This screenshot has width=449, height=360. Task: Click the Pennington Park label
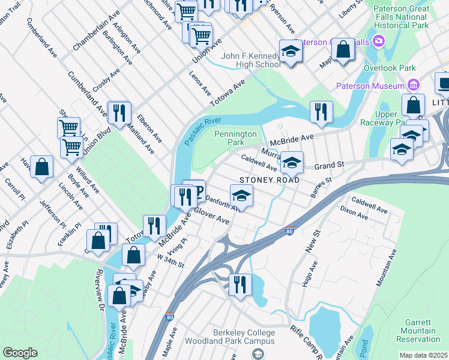(x=236, y=139)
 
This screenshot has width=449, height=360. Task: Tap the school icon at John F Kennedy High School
(x=291, y=52)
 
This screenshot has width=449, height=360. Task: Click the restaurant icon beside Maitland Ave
(x=119, y=112)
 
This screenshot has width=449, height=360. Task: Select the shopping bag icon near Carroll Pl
(x=41, y=168)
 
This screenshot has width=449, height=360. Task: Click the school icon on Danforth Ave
(x=241, y=196)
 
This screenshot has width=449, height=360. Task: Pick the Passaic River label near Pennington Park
(x=200, y=131)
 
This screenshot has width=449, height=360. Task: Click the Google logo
(x=20, y=352)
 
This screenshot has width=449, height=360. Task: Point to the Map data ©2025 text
(x=423, y=355)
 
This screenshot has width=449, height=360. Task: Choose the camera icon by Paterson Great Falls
(x=379, y=41)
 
